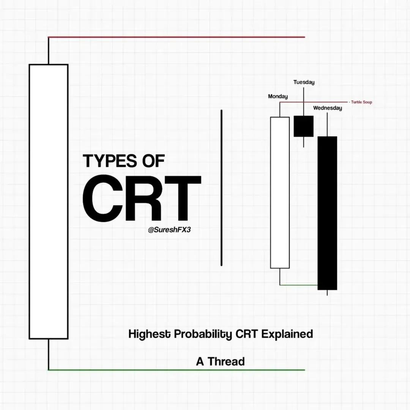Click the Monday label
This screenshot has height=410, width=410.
pos(278,96)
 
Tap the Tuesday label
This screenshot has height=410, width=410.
pos(304,82)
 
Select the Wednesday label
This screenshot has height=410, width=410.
pos(327,108)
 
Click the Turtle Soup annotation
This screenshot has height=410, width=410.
pos(361,102)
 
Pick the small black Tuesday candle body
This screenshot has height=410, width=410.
pos(304,126)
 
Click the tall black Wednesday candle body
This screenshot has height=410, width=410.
pos(327,213)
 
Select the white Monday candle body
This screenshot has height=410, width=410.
pos(280,193)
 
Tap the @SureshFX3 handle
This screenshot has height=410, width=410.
pos(169,230)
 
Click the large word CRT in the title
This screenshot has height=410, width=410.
pos(142,198)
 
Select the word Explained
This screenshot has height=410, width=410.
pos(287,334)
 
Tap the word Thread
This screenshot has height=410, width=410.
pos(226,361)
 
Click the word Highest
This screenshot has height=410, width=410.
pos(150,334)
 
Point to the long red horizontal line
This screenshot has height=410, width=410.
pos(177,37)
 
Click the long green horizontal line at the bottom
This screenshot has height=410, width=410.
pos(177,370)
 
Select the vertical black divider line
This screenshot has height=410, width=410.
pos(221,188)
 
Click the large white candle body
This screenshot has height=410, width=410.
pos(49,202)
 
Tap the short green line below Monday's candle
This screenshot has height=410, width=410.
pos(299,285)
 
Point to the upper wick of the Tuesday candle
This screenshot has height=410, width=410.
pos(304,101)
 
